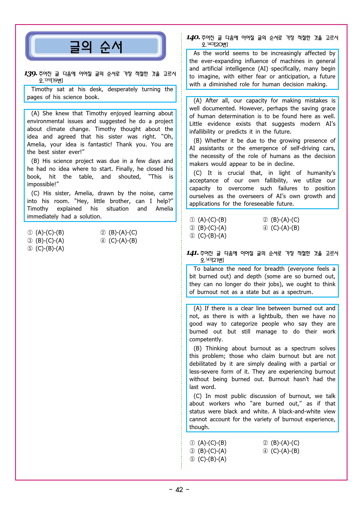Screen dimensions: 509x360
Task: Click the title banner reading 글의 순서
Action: pos(96,46)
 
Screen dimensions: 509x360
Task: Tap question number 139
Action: pos(30,74)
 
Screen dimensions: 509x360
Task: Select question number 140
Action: pos(193,37)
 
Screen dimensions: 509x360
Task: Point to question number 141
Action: pos(192,253)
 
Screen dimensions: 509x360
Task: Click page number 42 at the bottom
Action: pos(179,490)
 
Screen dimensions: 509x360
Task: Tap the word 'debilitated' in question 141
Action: pos(203,364)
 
